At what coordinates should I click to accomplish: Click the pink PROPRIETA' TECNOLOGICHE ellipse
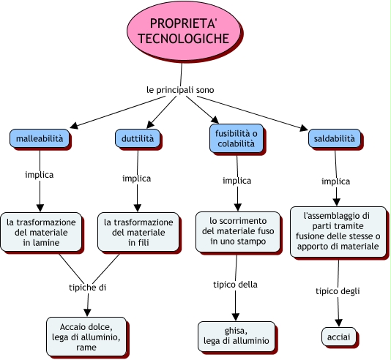[x=184, y=31]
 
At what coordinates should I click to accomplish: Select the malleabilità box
[x=40, y=138]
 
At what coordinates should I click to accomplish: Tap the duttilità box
[x=138, y=138]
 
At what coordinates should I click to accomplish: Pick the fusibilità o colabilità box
[x=237, y=138]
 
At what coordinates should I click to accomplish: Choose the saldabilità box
[x=335, y=138]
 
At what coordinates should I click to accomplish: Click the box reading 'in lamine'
[x=41, y=232]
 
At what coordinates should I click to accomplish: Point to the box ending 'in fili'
[x=138, y=232]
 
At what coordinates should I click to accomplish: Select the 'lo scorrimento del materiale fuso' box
[x=238, y=232]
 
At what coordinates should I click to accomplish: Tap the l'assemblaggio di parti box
[x=338, y=232]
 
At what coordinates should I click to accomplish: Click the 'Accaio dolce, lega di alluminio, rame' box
[x=86, y=337]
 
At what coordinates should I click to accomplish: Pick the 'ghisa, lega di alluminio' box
[x=237, y=337]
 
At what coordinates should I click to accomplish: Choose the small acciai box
[x=338, y=337]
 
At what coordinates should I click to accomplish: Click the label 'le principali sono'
[x=180, y=90]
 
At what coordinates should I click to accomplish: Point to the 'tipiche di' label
[x=88, y=288]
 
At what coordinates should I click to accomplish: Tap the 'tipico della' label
[x=235, y=285]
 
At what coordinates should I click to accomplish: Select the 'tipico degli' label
[x=338, y=291]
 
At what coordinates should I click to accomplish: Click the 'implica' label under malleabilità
[x=40, y=175]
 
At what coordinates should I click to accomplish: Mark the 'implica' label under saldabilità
[x=335, y=181]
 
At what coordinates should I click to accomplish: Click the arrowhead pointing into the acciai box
[x=338, y=323]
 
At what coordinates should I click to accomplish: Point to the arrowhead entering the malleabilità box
[x=74, y=125]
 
